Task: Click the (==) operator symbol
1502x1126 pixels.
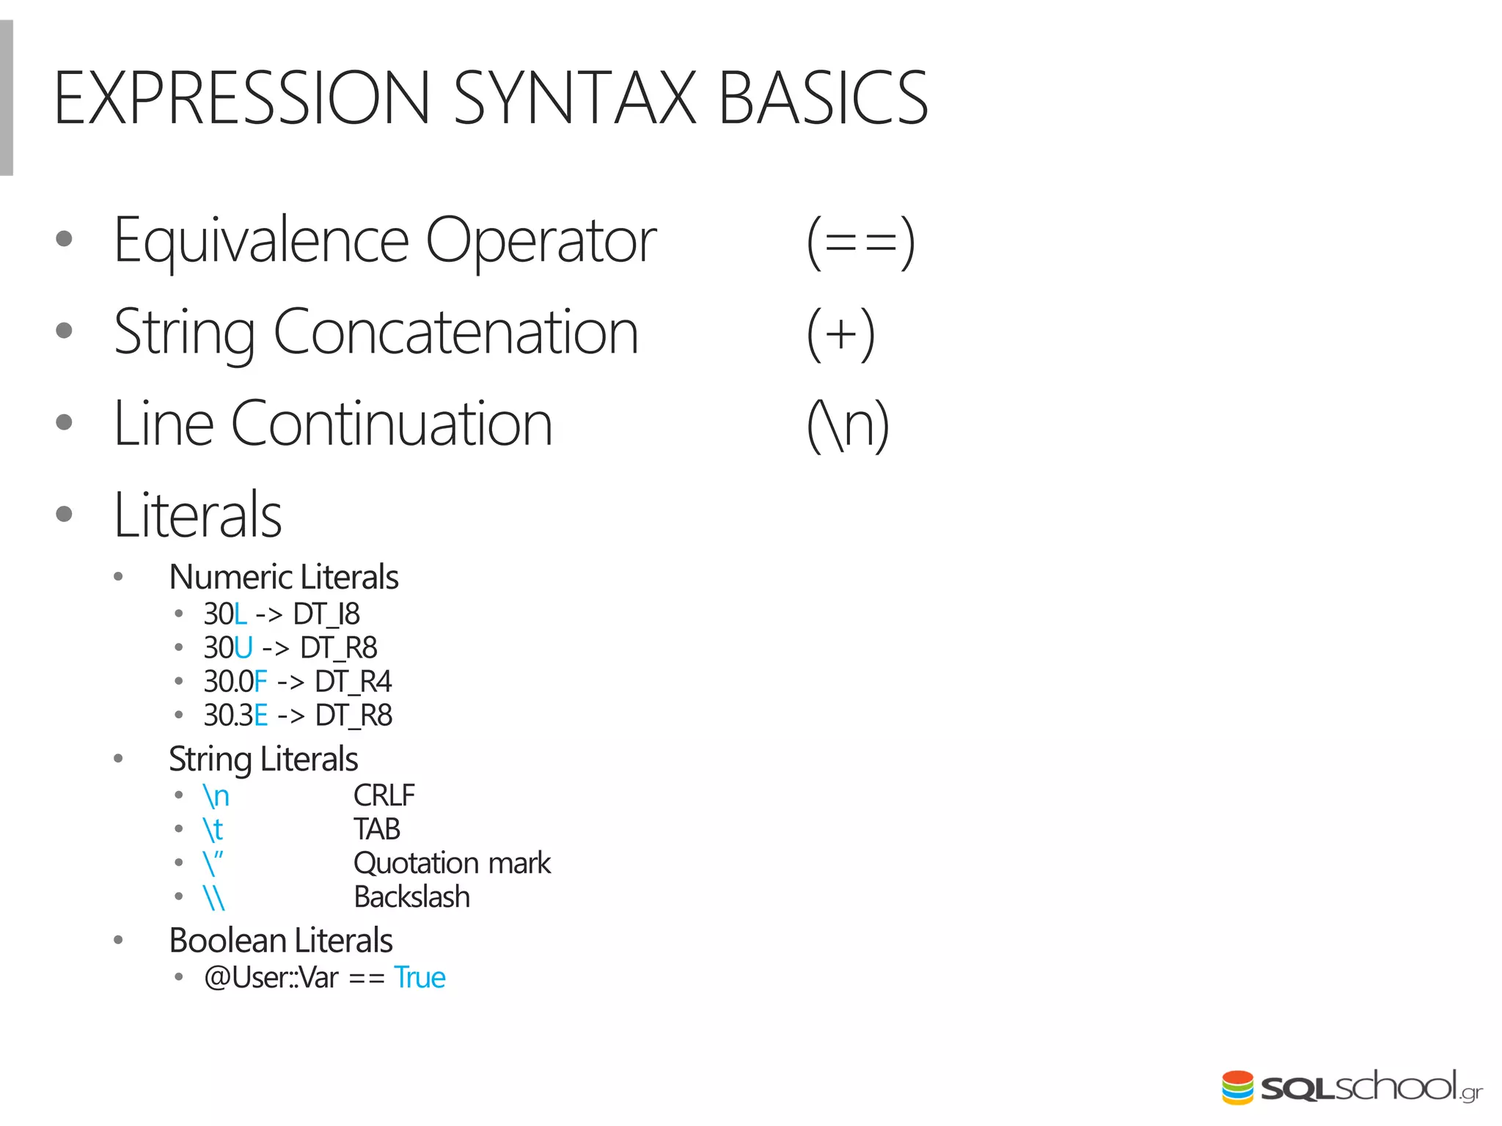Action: coord(860,242)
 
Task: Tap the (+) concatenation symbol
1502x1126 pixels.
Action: coord(840,334)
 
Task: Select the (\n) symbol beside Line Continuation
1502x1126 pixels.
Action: coord(848,425)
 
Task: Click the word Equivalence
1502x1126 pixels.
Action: coord(261,240)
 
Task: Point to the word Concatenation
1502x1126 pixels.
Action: coord(455,332)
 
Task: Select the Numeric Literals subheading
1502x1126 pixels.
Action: coord(283,577)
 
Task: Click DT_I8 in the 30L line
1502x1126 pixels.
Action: coord(326,614)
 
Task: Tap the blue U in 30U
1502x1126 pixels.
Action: coord(243,648)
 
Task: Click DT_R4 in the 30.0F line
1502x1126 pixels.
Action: coord(353,682)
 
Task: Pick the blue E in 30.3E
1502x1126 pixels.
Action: coord(260,715)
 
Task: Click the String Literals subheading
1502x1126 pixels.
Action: coord(263,759)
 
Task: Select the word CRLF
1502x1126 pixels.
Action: coord(384,795)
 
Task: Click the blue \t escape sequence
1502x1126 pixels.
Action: coord(213,830)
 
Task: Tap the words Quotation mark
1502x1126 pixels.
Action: coord(451,864)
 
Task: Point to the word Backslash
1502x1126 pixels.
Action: coord(411,897)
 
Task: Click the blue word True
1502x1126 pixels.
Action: coord(420,978)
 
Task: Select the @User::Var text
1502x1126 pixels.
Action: coord(271,978)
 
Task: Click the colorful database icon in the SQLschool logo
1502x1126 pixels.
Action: coord(1237,1087)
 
